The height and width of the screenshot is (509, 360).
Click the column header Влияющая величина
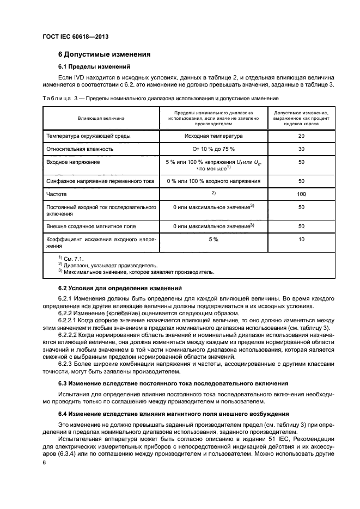pos(101,118)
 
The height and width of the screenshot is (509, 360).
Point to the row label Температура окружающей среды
pos(88,136)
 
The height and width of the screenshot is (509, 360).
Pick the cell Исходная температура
pos(213,136)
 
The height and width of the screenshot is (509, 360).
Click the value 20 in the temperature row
pos(301,136)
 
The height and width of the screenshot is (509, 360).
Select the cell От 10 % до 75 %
pos(213,148)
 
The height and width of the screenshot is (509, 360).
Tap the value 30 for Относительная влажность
pos(301,148)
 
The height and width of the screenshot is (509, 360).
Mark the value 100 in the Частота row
pos(301,194)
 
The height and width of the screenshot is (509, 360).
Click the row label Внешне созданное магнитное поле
pos(91,225)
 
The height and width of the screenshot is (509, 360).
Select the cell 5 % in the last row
pos(213,239)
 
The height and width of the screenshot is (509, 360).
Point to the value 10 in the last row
pos(301,239)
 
